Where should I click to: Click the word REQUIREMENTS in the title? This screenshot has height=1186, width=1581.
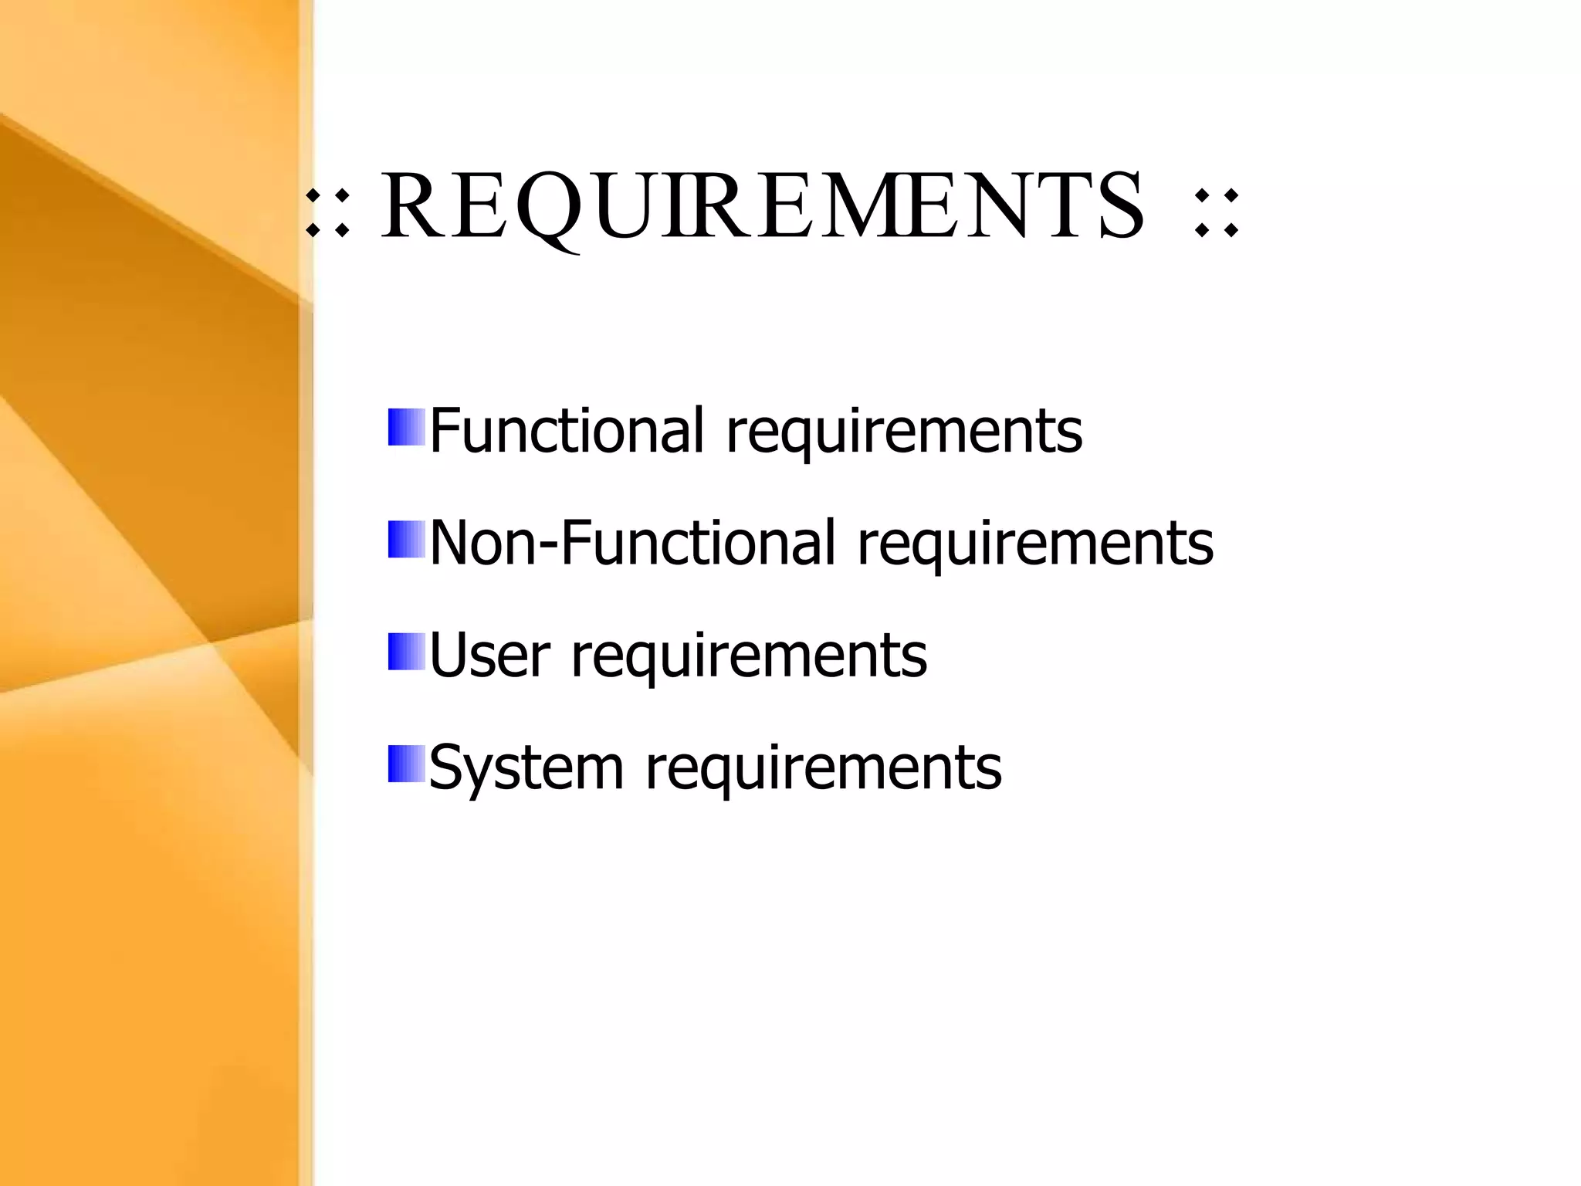tap(762, 206)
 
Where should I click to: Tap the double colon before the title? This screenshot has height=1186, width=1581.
tap(327, 210)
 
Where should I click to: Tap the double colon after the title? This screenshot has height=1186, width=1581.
tap(1216, 212)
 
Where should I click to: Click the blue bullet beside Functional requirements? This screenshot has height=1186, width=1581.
tap(406, 428)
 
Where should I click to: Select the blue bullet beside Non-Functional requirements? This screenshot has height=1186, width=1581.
tap(406, 540)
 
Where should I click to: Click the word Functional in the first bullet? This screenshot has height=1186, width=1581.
tap(567, 430)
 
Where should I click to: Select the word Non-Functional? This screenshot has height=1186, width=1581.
tap(632, 542)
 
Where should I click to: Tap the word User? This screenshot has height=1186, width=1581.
tap(489, 655)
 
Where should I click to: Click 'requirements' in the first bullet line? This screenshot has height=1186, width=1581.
tap(904, 432)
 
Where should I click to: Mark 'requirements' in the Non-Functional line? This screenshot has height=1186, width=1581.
tap(1035, 544)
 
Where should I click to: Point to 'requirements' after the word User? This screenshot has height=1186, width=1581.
tap(749, 656)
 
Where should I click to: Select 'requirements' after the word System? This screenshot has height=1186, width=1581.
tap(823, 768)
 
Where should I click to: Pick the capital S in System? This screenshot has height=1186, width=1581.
tap(447, 766)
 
